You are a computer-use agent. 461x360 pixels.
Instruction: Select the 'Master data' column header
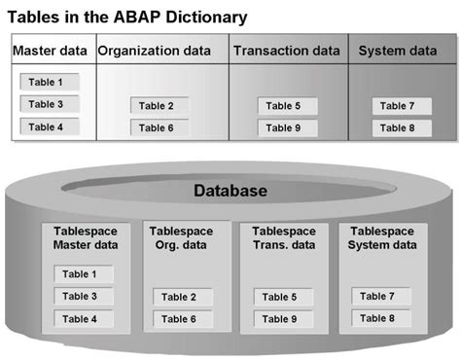tap(50, 51)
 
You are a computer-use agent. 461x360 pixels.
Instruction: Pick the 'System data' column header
tap(398, 51)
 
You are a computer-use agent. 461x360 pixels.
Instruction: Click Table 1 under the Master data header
tap(47, 82)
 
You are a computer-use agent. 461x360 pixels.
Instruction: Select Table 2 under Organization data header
tap(157, 105)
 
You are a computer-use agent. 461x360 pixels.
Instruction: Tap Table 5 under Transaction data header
tap(284, 105)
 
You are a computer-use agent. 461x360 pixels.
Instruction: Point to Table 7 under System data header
tap(397, 105)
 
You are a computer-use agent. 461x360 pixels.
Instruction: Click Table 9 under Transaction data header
tap(284, 127)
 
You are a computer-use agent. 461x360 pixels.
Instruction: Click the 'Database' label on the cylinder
tap(230, 191)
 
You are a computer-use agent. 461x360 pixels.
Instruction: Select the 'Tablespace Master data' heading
tap(86, 238)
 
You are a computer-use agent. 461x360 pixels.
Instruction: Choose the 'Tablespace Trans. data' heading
tap(284, 238)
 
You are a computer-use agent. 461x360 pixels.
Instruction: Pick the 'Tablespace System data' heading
tap(381, 238)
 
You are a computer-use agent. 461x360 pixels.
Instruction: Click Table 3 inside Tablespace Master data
tap(81, 296)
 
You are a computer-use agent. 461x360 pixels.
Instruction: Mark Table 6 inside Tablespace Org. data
tap(179, 318)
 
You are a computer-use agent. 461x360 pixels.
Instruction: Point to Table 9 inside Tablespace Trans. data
tap(281, 318)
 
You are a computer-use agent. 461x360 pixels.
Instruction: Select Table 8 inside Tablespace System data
tap(377, 317)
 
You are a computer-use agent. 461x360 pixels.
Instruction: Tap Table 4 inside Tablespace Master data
tap(81, 318)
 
